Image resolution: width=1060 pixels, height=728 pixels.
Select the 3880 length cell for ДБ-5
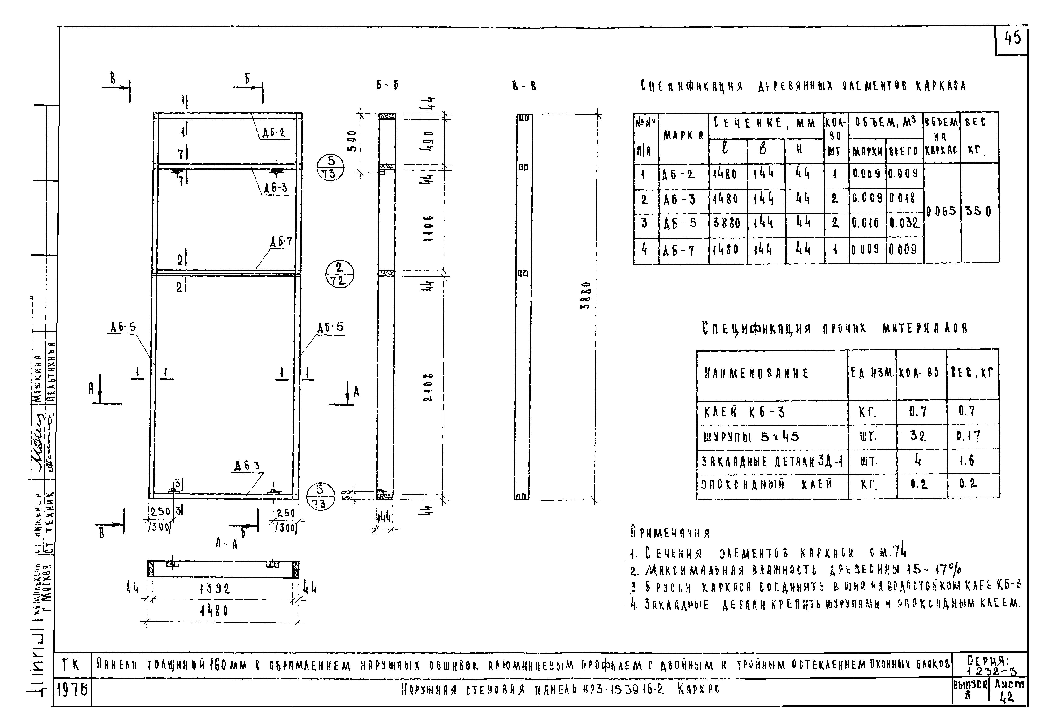[x=727, y=223]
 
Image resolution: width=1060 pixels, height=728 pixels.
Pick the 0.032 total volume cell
[x=904, y=223]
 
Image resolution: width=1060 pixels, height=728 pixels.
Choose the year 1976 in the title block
[x=72, y=691]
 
